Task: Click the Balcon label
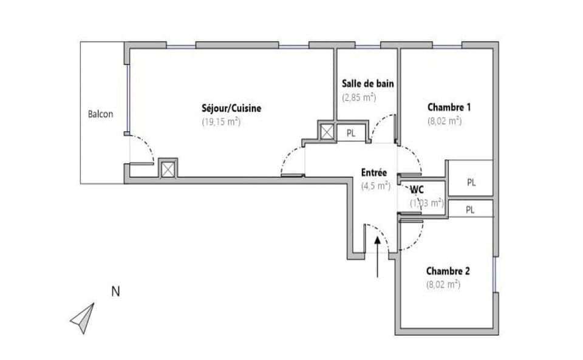[x=100, y=114]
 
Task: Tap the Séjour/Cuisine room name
[x=231, y=109]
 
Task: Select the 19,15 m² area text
[x=221, y=121]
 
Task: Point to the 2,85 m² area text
[x=359, y=97]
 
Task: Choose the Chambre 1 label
[x=450, y=107]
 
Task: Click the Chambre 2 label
[x=448, y=271]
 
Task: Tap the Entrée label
[x=374, y=173]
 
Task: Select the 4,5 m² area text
[x=375, y=186]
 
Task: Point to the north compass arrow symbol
[x=83, y=318]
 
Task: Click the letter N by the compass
[x=115, y=291]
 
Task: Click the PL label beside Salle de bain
[x=351, y=133]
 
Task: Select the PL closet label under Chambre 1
[x=472, y=182]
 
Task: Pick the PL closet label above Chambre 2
[x=470, y=209]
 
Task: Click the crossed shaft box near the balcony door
[x=168, y=168]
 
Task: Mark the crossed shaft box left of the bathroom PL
[x=327, y=132]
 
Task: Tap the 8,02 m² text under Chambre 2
[x=443, y=284]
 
